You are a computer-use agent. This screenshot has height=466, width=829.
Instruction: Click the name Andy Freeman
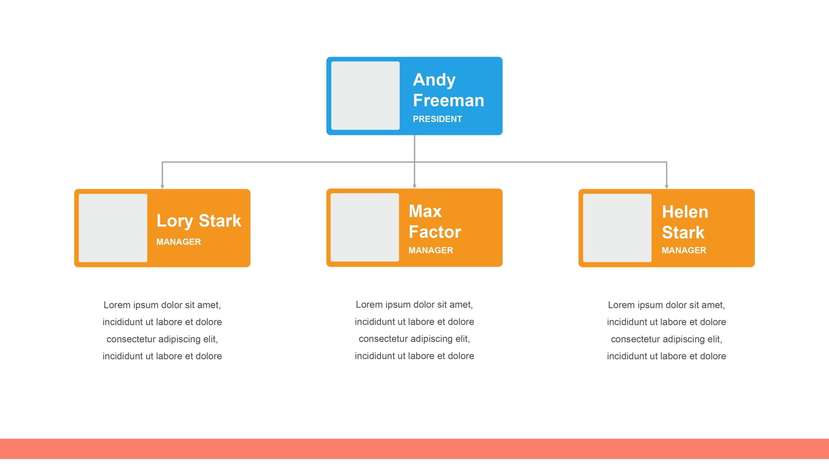pyautogui.click(x=449, y=90)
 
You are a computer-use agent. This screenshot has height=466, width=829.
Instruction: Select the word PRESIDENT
pyautogui.click(x=437, y=119)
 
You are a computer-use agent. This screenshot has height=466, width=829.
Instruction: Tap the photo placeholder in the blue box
pyautogui.click(x=365, y=96)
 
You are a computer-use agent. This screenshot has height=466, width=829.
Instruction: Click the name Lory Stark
pyautogui.click(x=199, y=221)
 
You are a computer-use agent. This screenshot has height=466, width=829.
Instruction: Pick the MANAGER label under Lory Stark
pyautogui.click(x=178, y=242)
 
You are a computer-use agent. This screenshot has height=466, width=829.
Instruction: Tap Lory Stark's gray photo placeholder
pyautogui.click(x=113, y=228)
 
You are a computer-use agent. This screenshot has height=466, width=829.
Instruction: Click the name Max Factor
pyautogui.click(x=435, y=222)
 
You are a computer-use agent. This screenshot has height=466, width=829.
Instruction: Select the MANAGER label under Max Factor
pyautogui.click(x=431, y=250)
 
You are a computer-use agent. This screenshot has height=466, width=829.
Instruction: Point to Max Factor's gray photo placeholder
pyautogui.click(x=365, y=227)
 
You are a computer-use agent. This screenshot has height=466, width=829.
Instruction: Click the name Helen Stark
pyautogui.click(x=685, y=222)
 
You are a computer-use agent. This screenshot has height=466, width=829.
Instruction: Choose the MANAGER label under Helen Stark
pyautogui.click(x=684, y=250)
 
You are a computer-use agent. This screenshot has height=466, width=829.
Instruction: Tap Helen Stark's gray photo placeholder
pyautogui.click(x=617, y=228)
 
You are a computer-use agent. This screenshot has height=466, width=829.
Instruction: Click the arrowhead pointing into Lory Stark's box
pyautogui.click(x=162, y=186)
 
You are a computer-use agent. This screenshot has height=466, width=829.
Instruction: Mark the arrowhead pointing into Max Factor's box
pyautogui.click(x=414, y=186)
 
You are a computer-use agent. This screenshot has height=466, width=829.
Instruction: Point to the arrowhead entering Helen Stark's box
pyautogui.click(x=666, y=186)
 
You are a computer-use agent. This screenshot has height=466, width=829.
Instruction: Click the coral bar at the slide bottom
pyautogui.click(x=414, y=449)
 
